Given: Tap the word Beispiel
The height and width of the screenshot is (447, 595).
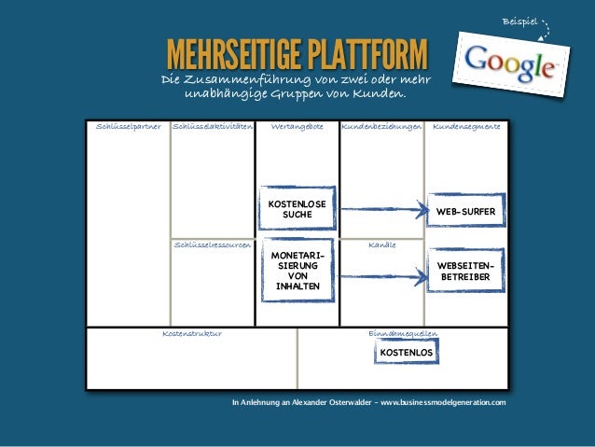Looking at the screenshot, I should coord(519,21).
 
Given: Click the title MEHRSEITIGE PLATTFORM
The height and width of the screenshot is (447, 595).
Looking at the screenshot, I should coord(296,55).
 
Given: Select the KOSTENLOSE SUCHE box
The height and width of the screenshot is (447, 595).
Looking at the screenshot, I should coord(297,208).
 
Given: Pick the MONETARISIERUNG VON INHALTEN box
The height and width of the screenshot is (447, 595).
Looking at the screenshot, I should coord(297,271).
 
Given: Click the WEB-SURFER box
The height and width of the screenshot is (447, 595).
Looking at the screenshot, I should coord(465,212).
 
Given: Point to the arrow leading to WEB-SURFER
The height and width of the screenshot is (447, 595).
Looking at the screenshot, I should coord(381,211).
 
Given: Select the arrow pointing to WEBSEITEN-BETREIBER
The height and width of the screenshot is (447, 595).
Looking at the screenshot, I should coord(381,272).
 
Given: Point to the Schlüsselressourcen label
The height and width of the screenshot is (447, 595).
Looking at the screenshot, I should coord(213,244).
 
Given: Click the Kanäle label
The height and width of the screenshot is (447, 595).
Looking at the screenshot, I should coord(381,244).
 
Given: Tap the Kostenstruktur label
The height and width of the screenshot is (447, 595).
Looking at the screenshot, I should coord(191,332).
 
